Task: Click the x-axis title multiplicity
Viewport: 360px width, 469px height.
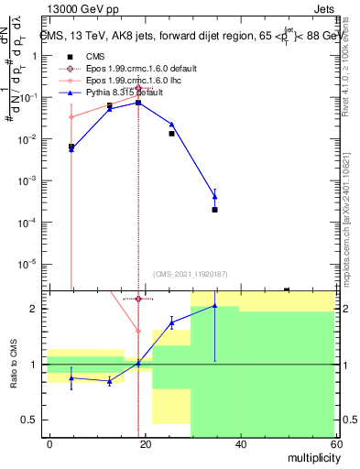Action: point(311,455)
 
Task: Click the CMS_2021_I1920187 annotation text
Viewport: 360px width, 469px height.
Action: point(191,273)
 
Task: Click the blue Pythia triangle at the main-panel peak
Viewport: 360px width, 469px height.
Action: point(137,103)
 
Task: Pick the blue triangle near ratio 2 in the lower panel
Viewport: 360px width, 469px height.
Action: point(214,306)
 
